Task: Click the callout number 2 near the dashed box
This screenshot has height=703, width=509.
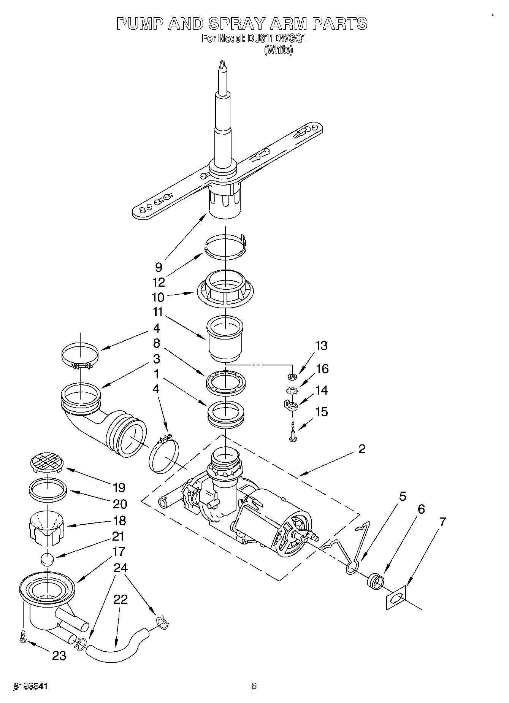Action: pos(362,449)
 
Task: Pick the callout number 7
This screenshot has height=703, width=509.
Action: pos(442,522)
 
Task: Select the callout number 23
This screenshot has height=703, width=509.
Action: pos(59,655)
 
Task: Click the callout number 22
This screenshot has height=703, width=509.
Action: pos(120,599)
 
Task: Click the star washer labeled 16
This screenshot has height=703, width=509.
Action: pos(292,390)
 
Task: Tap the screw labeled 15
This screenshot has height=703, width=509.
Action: pos(293,432)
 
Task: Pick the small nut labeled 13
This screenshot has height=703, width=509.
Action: pos(292,377)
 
